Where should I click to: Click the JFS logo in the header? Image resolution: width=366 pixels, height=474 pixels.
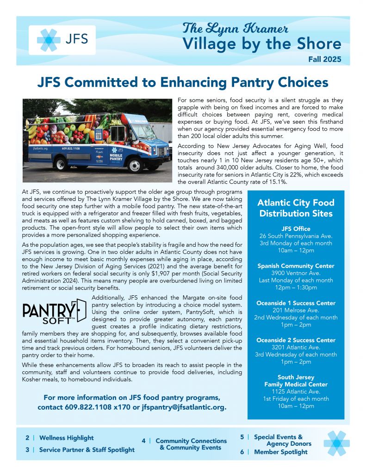pyautogui.click(x=62, y=40)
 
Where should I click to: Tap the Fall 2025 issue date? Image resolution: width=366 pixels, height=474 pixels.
pyautogui.click(x=325, y=59)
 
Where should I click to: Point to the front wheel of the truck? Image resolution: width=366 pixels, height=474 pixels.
pyautogui.click(x=134, y=165)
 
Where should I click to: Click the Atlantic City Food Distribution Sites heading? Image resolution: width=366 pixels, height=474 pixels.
pyautogui.click(x=296, y=208)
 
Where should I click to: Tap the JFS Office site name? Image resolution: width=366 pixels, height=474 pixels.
pyautogui.click(x=296, y=229)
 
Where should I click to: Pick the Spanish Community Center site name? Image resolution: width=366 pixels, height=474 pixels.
pyautogui.click(x=296, y=266)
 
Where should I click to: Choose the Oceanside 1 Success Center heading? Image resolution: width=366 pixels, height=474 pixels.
pyautogui.click(x=296, y=303)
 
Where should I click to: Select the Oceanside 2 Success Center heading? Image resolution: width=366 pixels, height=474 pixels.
pyautogui.click(x=296, y=340)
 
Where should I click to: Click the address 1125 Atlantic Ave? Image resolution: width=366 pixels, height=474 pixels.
pyautogui.click(x=296, y=391)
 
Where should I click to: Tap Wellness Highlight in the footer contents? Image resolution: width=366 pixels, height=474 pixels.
pyautogui.click(x=66, y=437)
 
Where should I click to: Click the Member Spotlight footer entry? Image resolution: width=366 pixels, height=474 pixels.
pyautogui.click(x=280, y=452)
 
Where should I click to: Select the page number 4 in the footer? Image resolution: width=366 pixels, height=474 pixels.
pyautogui.click(x=144, y=441)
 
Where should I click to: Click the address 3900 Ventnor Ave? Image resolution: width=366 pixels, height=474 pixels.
pyautogui.click(x=296, y=273)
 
